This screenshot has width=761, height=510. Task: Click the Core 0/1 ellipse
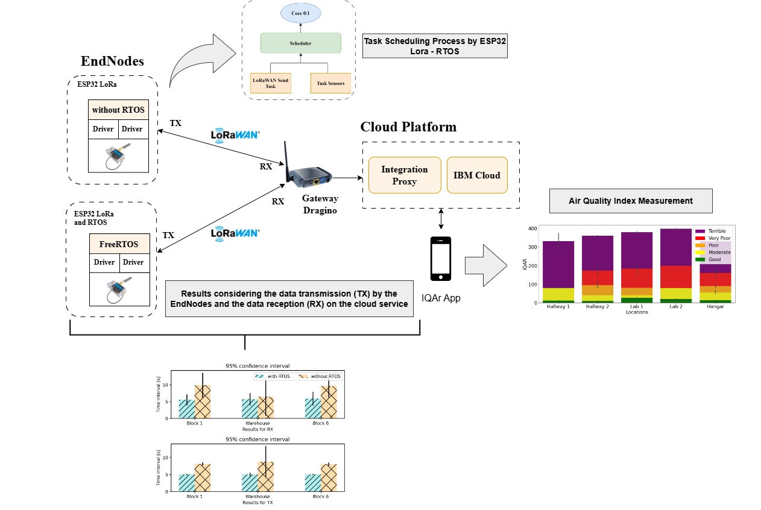click(300, 13)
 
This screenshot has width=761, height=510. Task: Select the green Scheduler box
click(301, 43)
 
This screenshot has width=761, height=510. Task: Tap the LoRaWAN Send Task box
click(271, 83)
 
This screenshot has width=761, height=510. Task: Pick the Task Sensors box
click(330, 83)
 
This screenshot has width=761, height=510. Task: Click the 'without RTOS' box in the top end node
click(118, 110)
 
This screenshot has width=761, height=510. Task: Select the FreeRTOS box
click(119, 244)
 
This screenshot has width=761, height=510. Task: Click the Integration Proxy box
click(405, 175)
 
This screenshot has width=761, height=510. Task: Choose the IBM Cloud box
click(477, 175)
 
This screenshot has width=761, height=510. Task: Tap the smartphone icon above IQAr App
click(441, 259)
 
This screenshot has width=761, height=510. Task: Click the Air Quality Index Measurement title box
click(631, 201)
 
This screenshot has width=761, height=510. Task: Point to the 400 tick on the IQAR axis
click(532, 229)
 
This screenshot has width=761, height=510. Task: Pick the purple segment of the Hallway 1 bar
click(558, 264)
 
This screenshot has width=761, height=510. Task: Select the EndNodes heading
click(112, 61)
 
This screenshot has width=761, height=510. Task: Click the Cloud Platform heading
click(408, 127)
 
